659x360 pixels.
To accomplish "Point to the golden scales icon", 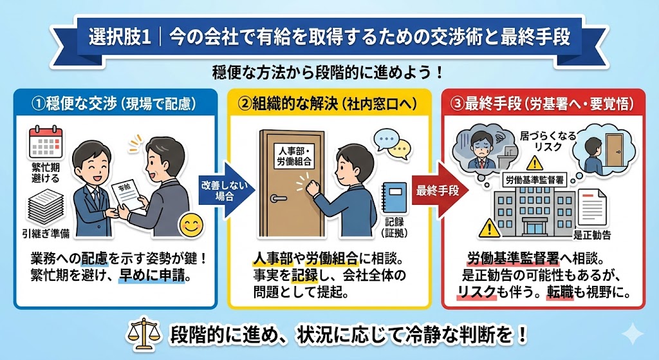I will (145, 334).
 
